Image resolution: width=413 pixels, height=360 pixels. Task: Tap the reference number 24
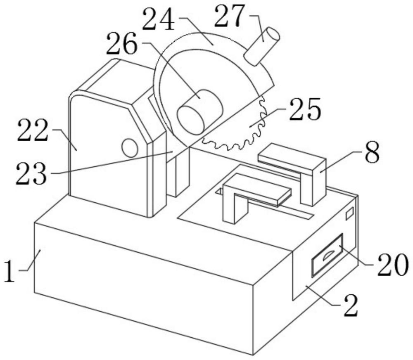tap(159, 20)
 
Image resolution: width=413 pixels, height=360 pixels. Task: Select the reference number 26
tap(122, 43)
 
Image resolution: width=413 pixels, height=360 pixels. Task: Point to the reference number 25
tap(305, 109)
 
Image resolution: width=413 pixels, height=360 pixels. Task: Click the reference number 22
tap(33, 130)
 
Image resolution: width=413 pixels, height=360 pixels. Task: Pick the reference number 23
tap(31, 174)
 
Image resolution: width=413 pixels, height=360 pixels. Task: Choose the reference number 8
tap(372, 153)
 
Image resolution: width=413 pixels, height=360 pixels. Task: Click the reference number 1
tap(10, 271)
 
